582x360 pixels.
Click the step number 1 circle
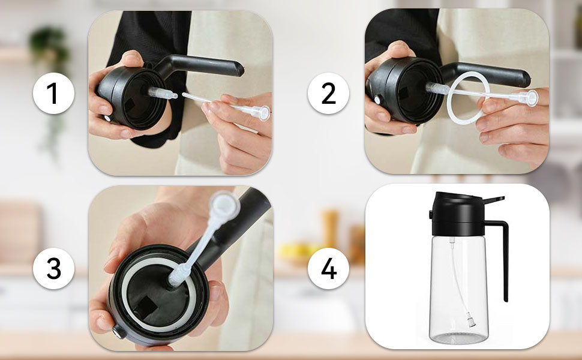pos(53,94)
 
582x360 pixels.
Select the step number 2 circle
pos(329,94)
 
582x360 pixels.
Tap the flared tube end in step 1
pos(260,112)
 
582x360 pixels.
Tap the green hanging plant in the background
pos(48,45)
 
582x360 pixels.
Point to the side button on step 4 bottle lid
pos(430,215)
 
